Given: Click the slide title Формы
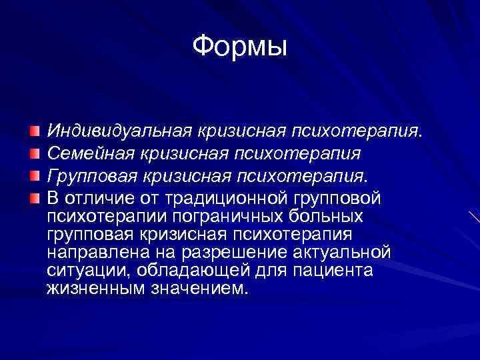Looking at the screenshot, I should pyautogui.click(x=239, y=47).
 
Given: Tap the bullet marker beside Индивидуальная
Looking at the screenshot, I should pyautogui.click(x=35, y=128).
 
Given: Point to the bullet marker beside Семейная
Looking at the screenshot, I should pyautogui.click(x=35, y=154).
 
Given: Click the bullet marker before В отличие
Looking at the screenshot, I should pyautogui.click(x=35, y=198).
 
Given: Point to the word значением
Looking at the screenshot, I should pyautogui.click(x=193, y=289).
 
